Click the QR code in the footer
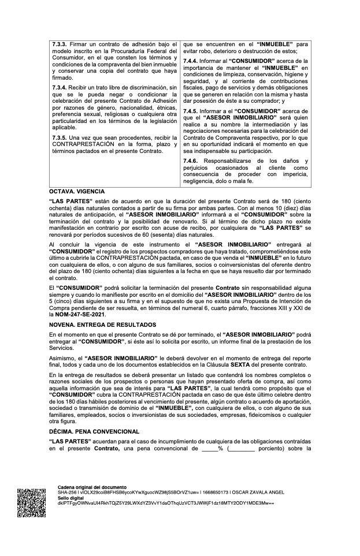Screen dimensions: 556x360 (31, 502)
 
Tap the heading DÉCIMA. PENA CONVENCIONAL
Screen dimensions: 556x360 (94, 431)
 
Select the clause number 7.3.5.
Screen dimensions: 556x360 (60, 138)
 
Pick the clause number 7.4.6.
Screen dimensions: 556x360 (191, 161)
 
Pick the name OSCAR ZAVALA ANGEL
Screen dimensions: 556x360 (281, 492)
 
